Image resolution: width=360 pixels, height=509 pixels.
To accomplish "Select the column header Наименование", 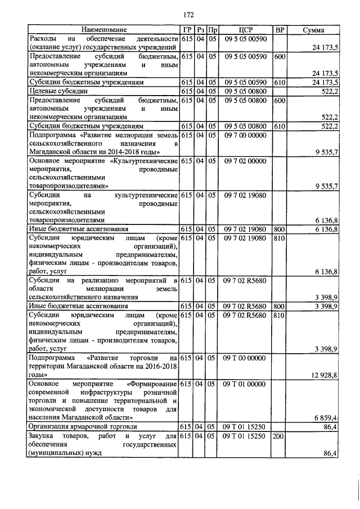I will click(x=104, y=29).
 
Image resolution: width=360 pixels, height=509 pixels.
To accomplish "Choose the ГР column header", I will click(x=186, y=29).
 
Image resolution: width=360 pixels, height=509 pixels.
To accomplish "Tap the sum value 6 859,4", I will click(x=325, y=418).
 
